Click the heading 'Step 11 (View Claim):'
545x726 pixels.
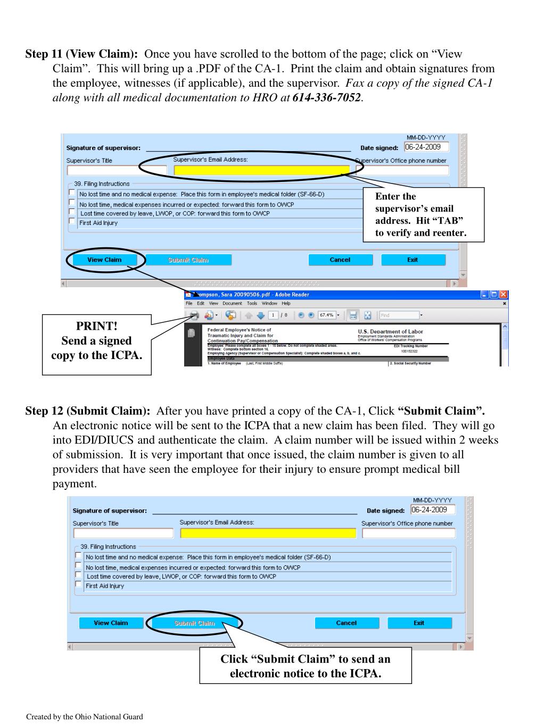pyautogui.click(x=82, y=54)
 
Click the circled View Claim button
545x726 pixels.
pyautogui.click(x=104, y=260)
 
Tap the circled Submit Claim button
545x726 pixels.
pyautogui.click(x=195, y=623)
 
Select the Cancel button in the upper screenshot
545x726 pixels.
pyautogui.click(x=340, y=260)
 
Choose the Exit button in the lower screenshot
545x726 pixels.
pyautogui.click(x=419, y=623)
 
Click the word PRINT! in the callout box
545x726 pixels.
pyautogui.click(x=97, y=326)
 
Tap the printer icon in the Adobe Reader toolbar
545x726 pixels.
pyautogui.click(x=194, y=315)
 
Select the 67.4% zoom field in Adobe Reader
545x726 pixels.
pyautogui.click(x=326, y=315)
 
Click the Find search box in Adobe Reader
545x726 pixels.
pyautogui.click(x=399, y=315)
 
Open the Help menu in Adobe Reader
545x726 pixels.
pyautogui.click(x=286, y=304)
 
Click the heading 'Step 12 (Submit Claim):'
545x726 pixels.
pyautogui.click(x=88, y=411)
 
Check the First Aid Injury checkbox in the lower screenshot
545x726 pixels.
pyautogui.click(x=78, y=585)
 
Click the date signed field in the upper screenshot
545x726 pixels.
pyautogui.click(x=426, y=147)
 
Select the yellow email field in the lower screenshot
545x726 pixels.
pyautogui.click(x=268, y=533)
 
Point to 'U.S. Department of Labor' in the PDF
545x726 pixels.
pyautogui.click(x=390, y=331)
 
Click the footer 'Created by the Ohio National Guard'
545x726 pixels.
pyautogui.click(x=85, y=717)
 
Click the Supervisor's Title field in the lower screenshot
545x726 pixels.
pyautogui.click(x=123, y=533)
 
